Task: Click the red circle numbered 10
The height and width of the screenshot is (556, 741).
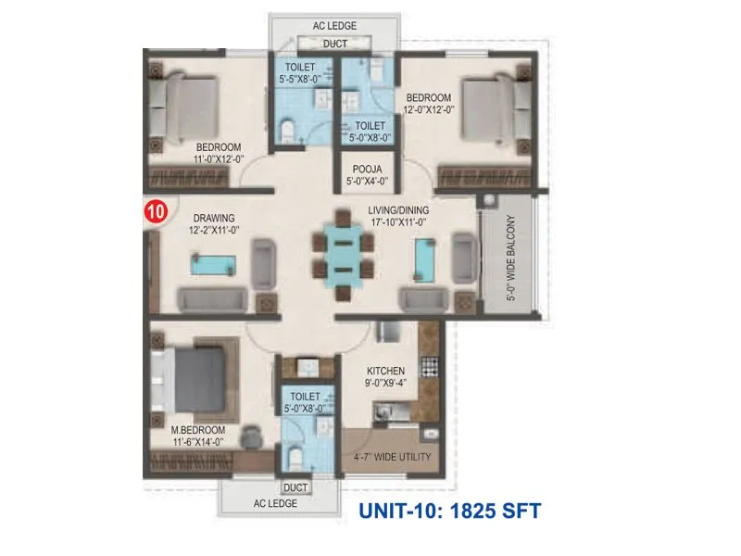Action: tap(156, 211)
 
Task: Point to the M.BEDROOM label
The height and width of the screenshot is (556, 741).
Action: tap(198, 431)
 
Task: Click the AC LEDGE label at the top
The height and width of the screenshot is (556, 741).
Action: tap(334, 26)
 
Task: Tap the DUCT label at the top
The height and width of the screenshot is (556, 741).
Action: tap(334, 44)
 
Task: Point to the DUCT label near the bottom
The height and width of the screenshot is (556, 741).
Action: tap(295, 486)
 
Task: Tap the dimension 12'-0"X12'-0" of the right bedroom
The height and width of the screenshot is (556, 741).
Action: tap(427, 110)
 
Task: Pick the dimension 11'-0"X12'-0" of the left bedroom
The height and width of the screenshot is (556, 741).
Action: tap(218, 159)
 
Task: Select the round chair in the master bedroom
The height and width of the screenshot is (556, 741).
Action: tap(251, 436)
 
